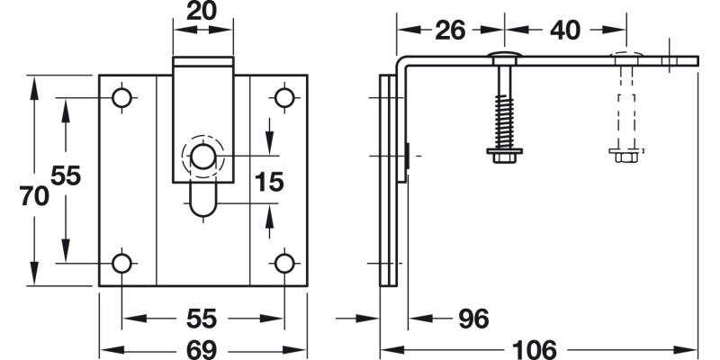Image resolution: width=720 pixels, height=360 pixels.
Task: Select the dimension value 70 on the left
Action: [34, 196]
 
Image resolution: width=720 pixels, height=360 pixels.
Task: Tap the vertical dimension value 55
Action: [65, 176]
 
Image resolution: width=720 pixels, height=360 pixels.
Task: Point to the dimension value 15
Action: [268, 183]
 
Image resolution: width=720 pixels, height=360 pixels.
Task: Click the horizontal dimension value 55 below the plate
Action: [203, 318]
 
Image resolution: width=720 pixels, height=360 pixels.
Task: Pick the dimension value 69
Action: [203, 348]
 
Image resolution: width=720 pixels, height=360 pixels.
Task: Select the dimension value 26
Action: [449, 30]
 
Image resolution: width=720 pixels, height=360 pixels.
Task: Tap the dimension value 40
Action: [564, 30]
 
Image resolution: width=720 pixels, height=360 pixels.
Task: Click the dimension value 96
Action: [472, 318]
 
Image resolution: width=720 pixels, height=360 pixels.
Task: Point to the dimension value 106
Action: [538, 348]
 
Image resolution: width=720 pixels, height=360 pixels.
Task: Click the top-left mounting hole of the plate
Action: [121, 97]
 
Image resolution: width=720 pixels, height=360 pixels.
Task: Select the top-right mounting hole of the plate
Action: [284, 97]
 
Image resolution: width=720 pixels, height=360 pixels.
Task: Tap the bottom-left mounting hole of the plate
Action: [121, 263]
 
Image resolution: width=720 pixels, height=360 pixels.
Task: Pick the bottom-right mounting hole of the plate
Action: [284, 263]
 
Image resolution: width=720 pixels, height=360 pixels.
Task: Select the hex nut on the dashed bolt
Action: [625, 154]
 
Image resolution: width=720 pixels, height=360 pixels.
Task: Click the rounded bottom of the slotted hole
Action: [203, 209]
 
